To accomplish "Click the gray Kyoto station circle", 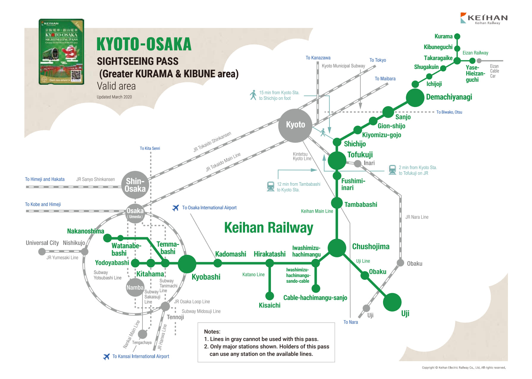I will (295, 125).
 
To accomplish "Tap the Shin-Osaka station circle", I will (135, 185).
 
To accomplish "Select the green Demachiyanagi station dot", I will (415, 97).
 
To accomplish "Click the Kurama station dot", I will (457, 37).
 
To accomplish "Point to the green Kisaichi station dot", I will (269, 296).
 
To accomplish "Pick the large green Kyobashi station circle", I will (187, 264).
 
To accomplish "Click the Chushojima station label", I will (371, 246).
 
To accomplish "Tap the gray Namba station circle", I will (135, 287).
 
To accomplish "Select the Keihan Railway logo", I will (484, 18).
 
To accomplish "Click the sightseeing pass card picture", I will (62, 52).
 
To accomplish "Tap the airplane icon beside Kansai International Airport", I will (106, 356).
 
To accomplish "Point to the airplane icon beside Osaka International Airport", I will (176, 207).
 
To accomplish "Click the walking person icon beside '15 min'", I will (253, 95).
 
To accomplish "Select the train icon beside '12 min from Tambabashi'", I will (271, 187).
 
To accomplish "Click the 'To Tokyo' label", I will (378, 60).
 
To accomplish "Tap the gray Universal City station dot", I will (42, 251).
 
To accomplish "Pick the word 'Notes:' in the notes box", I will (212, 331).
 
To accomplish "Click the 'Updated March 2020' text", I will (114, 97).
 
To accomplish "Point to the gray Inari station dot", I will (358, 163).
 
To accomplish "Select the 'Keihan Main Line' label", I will (317, 211).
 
